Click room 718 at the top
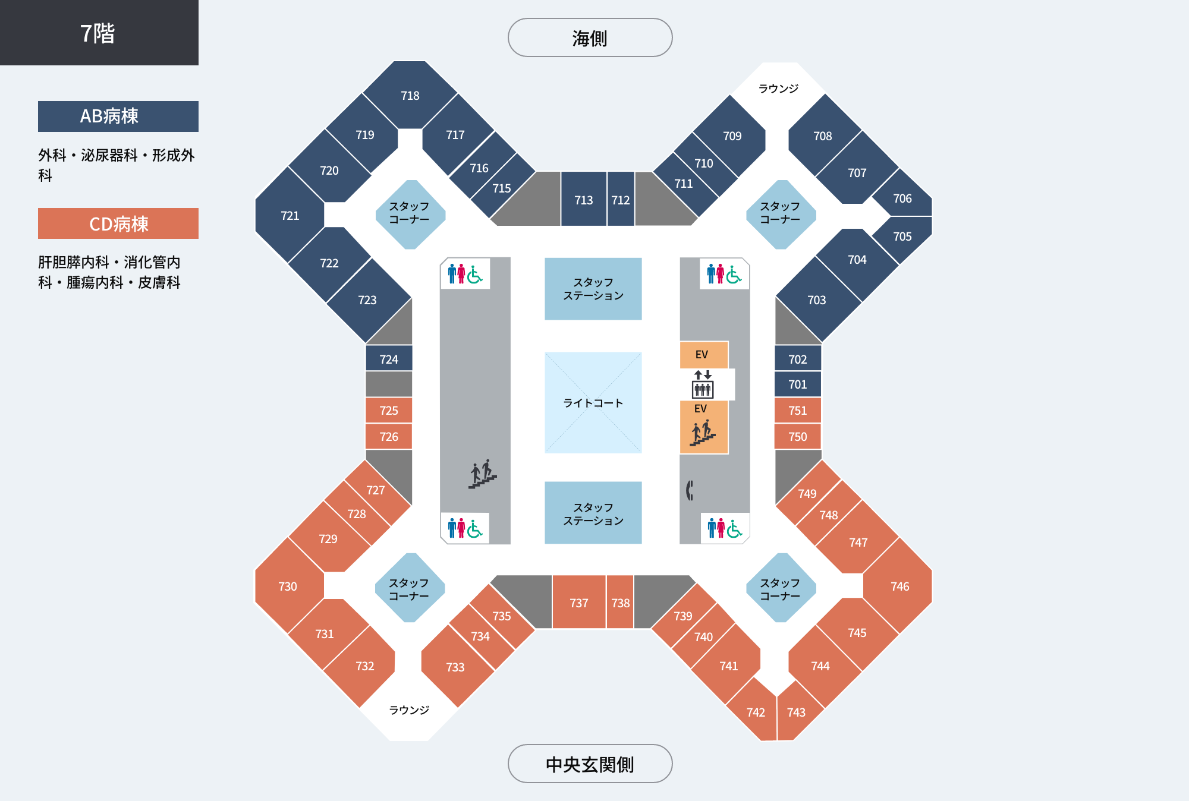coord(410,95)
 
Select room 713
coord(584,200)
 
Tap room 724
coord(389,359)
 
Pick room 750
coord(798,437)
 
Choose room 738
coord(620,603)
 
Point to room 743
coord(797,712)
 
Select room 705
coord(902,236)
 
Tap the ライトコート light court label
coord(593,403)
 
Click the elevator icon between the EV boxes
coord(703,384)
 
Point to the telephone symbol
coord(690,490)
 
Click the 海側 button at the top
coord(590,37)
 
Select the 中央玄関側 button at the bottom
coord(590,764)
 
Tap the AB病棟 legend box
coord(118,116)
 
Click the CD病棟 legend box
coord(118,223)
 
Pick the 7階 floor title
coord(98,33)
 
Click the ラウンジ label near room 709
coord(778,89)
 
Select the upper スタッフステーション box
coord(593,289)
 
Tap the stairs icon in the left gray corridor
coord(482,474)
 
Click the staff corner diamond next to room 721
coord(410,215)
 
